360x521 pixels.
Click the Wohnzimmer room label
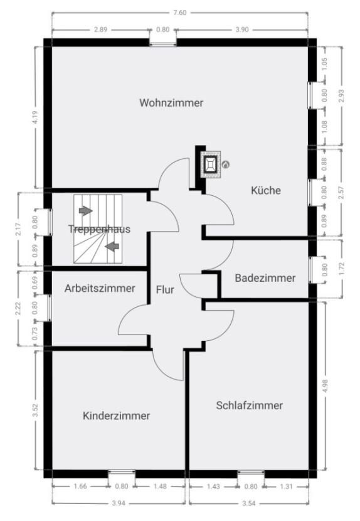point(171,103)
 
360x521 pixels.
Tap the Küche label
point(266,190)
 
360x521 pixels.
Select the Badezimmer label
point(265,278)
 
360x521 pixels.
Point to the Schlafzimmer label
point(250,406)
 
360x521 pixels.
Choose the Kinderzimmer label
point(116,416)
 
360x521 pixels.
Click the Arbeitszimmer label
point(100,288)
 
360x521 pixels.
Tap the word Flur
point(165,290)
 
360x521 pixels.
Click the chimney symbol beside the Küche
point(211,164)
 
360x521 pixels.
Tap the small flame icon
point(226,164)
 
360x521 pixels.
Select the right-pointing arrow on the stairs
point(86,211)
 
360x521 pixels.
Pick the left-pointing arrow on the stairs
point(112,247)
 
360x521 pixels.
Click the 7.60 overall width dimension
point(180,13)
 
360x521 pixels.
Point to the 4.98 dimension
point(325,386)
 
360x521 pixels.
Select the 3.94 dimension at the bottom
point(119,503)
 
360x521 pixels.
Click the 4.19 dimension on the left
point(36,117)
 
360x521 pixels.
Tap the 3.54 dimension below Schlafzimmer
point(249,503)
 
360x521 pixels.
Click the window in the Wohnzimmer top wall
point(162,43)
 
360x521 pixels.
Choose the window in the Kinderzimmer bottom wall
point(122,474)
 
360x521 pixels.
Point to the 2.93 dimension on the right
point(341,95)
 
